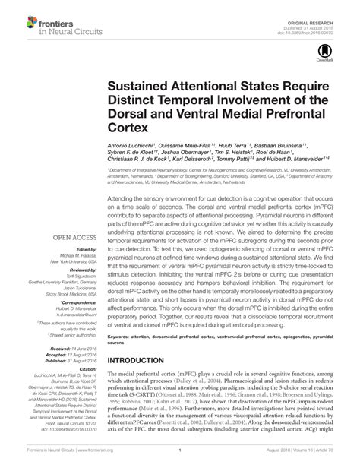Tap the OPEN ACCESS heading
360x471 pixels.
75,238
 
